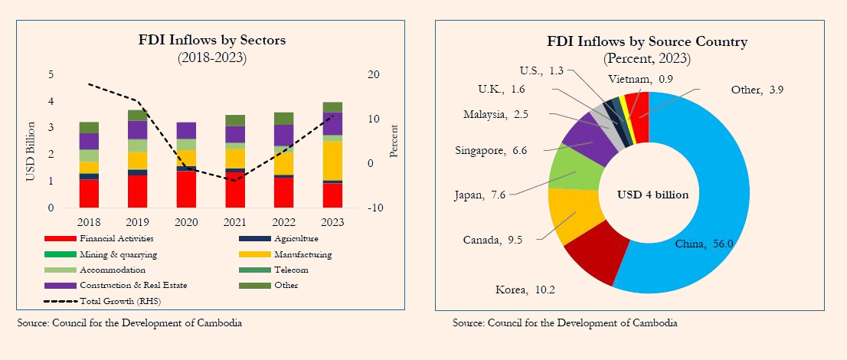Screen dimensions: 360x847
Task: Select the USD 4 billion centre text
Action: tap(652, 195)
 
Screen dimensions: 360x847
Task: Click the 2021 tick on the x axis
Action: tap(234, 221)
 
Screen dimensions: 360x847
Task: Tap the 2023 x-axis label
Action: tap(332, 221)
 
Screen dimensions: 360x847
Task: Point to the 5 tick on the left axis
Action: tap(51, 74)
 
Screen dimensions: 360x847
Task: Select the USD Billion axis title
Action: tap(31, 152)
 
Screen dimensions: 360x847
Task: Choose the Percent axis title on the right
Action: tap(394, 141)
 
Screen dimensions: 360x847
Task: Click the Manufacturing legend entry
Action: tap(303, 254)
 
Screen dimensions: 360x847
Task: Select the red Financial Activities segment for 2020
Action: tap(186, 189)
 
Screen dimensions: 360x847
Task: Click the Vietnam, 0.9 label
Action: tap(641, 79)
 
